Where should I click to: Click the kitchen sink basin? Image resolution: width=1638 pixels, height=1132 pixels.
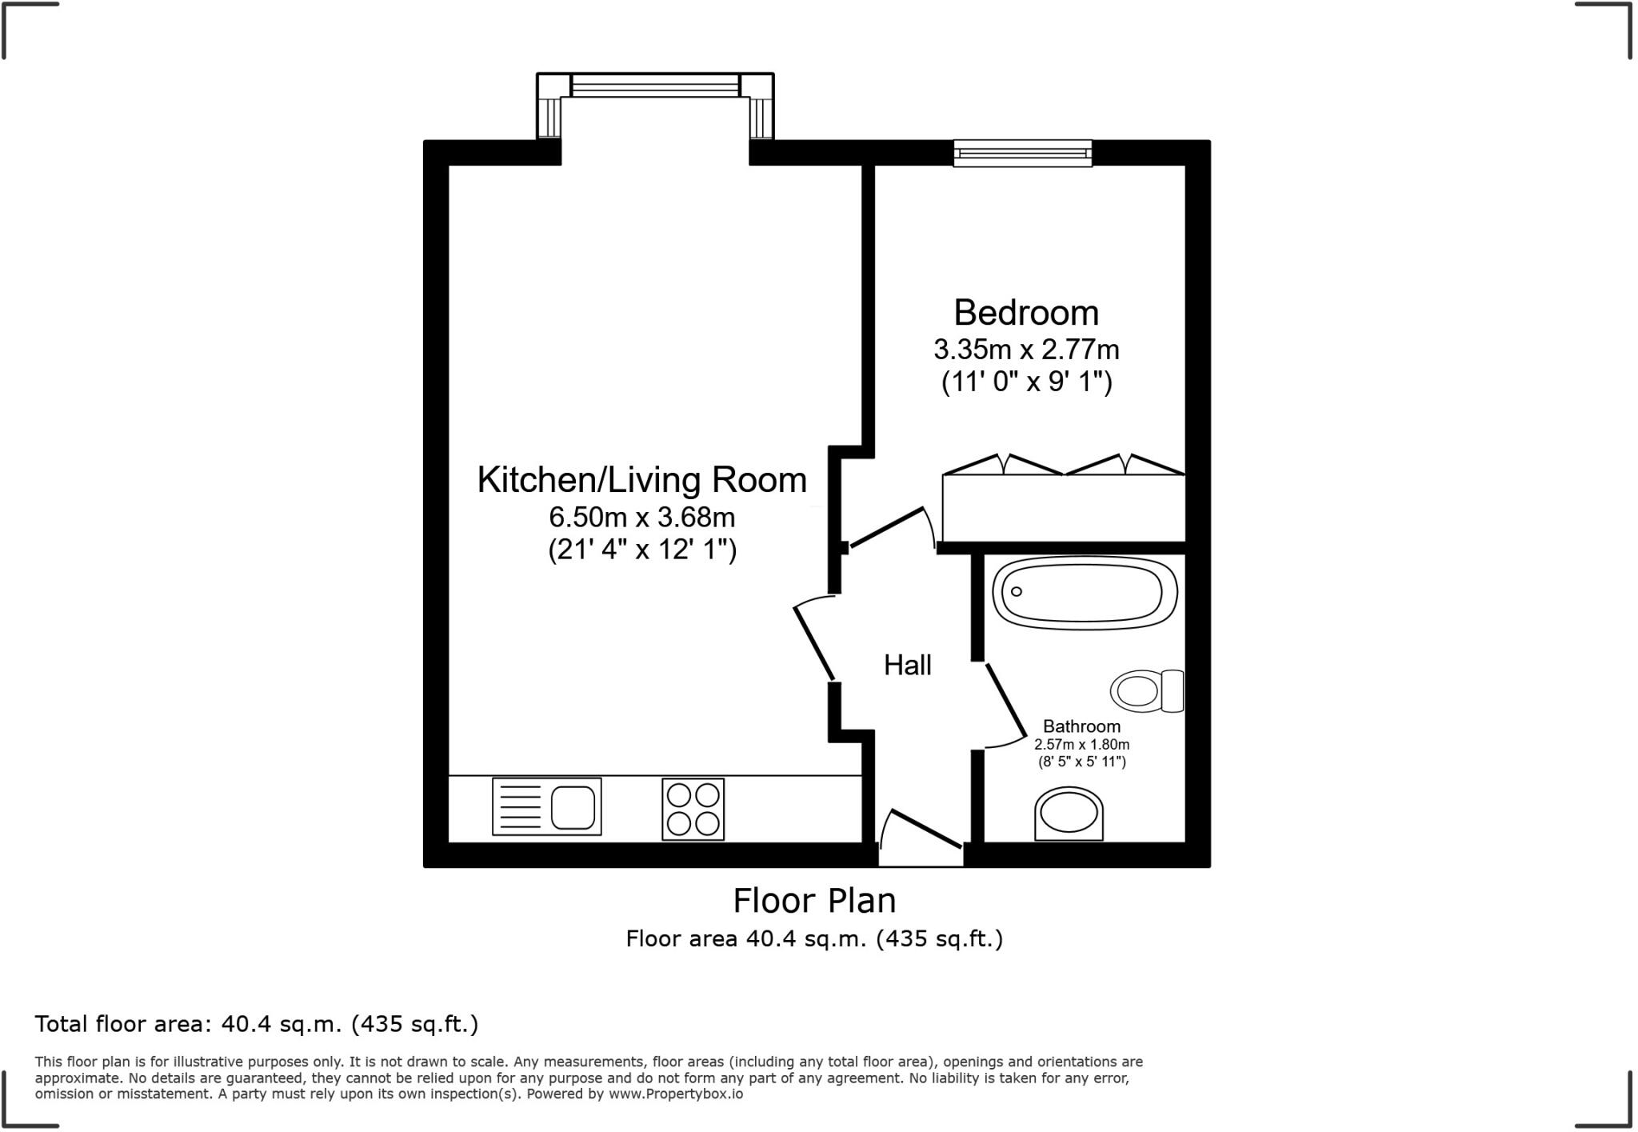coord(573,807)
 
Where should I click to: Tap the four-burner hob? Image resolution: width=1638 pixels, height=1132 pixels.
coord(693,809)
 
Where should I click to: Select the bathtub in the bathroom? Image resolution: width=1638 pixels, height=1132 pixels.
coord(1085,593)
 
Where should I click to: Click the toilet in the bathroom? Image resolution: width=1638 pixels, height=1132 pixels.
coord(1147,690)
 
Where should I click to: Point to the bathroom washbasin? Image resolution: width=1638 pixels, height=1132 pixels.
coord(1069,814)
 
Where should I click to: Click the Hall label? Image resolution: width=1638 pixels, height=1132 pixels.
coord(907,665)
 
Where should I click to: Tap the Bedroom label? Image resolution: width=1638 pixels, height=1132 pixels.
coord(1026,312)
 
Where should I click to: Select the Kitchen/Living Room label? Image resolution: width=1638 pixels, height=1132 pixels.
coord(641,479)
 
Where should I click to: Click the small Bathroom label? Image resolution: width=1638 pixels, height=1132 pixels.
coord(1081,726)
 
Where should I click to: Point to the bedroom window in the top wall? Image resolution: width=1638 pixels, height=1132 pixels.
coord(1022,153)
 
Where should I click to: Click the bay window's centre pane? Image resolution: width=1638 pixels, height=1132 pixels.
coord(655,86)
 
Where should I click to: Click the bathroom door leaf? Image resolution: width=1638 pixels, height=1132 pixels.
coord(1006,700)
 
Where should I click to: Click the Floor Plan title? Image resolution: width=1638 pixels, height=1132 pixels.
coord(814,901)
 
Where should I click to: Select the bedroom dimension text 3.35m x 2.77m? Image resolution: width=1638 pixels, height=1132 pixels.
coord(1026,350)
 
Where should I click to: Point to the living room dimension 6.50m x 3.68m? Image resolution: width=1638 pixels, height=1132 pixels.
coord(641,517)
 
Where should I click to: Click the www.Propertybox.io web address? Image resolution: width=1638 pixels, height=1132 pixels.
coord(676,1094)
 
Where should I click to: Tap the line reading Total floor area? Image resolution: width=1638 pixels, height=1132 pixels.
coord(256,1024)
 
